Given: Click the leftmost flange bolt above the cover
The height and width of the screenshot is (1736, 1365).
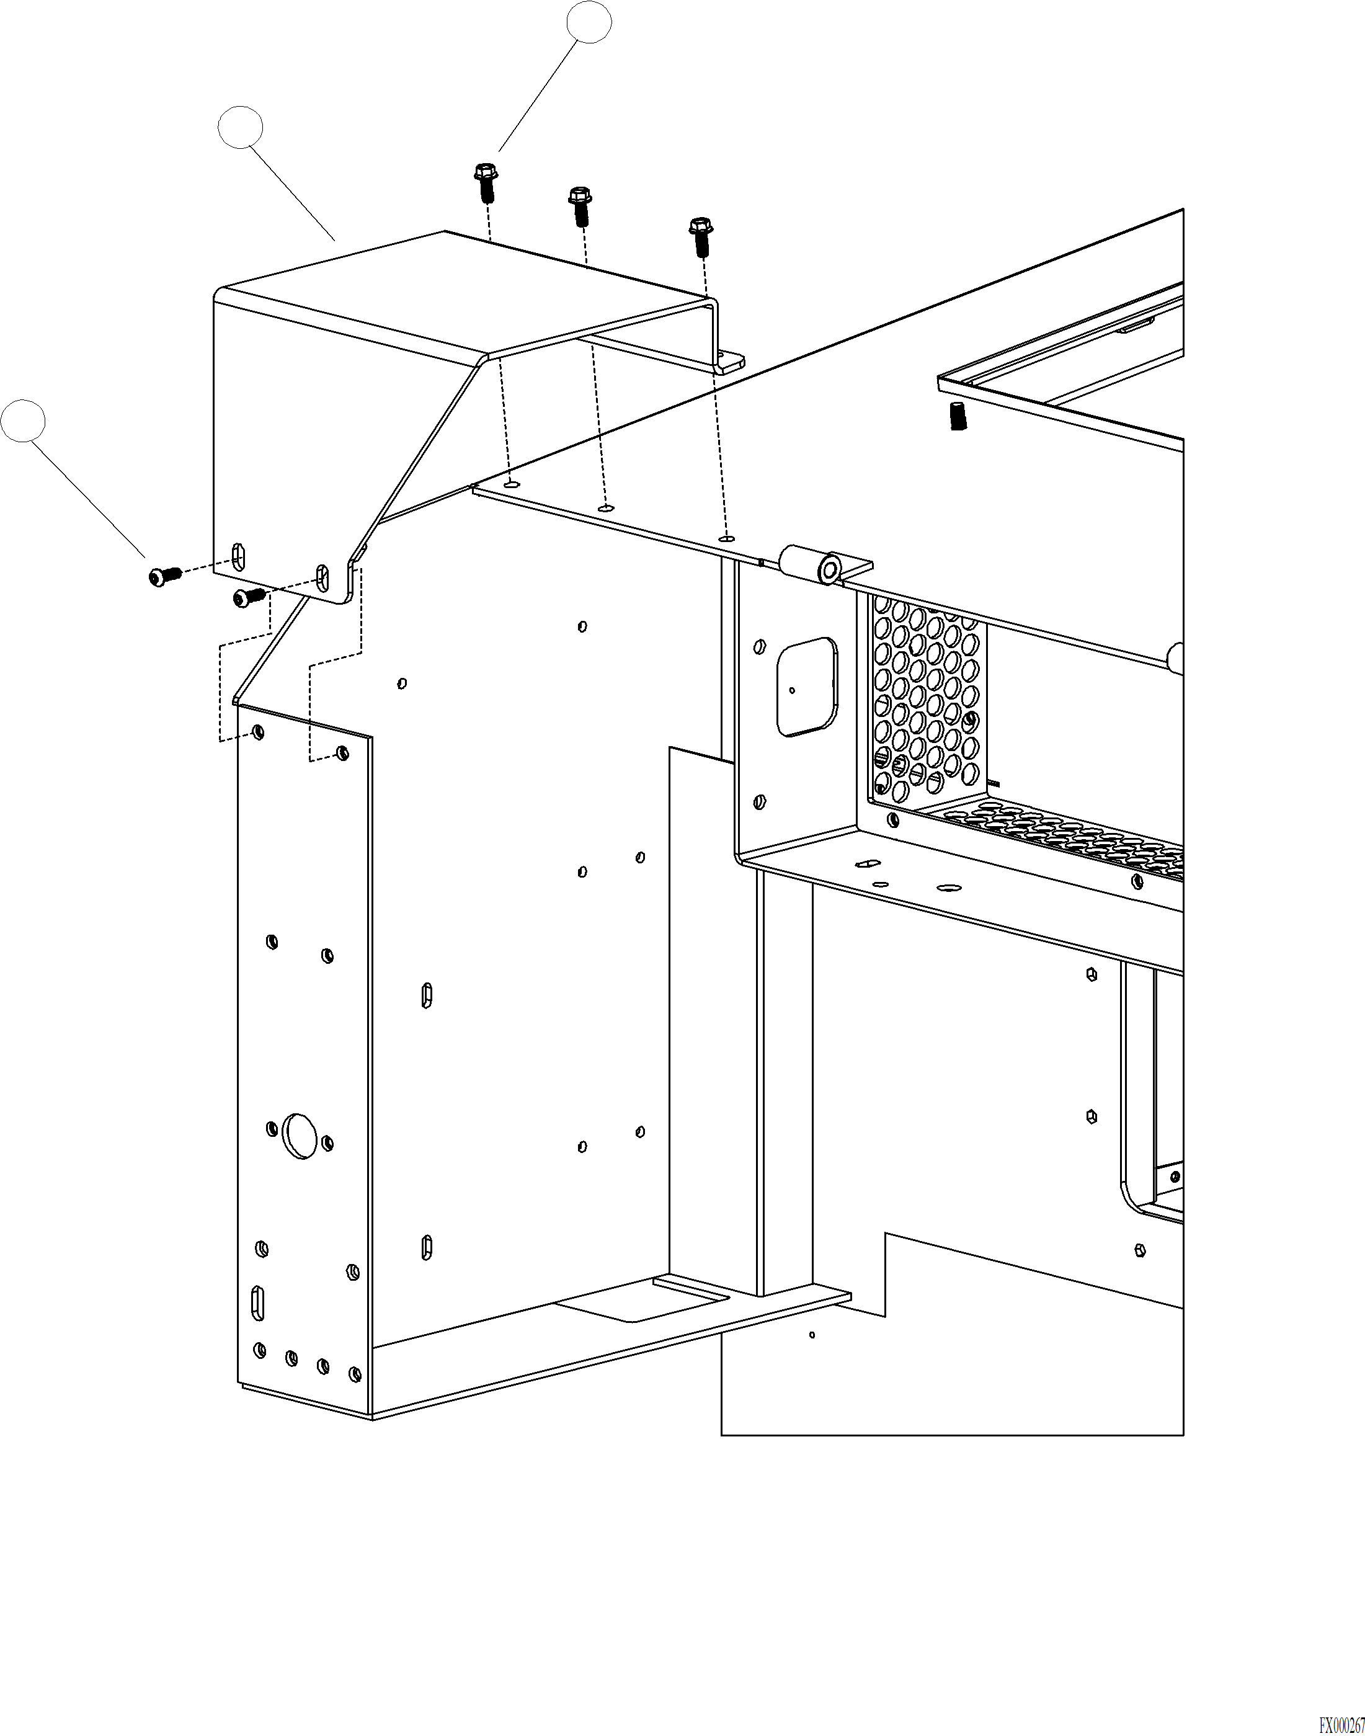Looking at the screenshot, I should click(484, 182).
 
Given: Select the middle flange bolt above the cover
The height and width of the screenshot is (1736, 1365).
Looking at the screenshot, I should click(579, 206).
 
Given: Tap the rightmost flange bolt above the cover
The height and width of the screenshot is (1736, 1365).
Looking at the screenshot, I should click(700, 236).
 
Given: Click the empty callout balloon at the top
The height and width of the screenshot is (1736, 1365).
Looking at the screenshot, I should click(589, 22).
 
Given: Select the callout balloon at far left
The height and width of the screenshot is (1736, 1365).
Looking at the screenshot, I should click(22, 421).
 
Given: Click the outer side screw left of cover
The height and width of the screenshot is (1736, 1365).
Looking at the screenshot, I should click(164, 576).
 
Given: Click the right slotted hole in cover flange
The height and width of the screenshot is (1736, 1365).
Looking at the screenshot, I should click(322, 577).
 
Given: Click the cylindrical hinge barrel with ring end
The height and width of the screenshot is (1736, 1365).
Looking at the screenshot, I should click(812, 564).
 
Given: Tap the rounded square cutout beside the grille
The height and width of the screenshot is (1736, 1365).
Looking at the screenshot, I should click(807, 687).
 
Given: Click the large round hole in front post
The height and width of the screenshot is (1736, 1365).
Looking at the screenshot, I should click(300, 1135).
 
